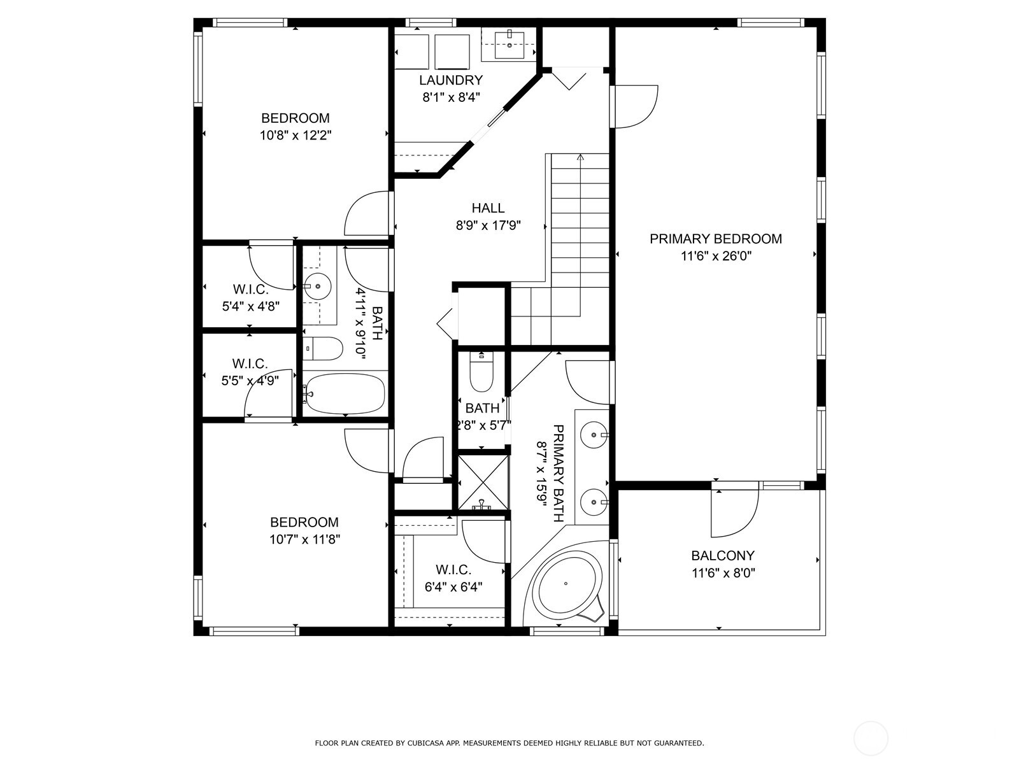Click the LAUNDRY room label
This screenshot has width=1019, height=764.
451,80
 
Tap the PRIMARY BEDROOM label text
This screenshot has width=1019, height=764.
715,239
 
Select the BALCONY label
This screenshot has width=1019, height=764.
723,556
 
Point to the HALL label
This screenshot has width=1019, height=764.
488,208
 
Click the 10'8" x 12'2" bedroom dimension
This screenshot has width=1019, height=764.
296,136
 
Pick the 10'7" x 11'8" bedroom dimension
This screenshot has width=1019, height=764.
304,539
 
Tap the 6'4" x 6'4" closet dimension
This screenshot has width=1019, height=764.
453,587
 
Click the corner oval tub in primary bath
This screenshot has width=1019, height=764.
566,583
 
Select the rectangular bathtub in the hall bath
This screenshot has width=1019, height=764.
345,394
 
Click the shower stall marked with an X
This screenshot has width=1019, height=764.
483,483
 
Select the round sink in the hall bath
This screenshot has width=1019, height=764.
318,286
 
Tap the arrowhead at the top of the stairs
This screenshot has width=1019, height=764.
580,157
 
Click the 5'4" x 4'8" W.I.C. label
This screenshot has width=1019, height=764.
251,298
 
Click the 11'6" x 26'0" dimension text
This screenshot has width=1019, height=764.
716,256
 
